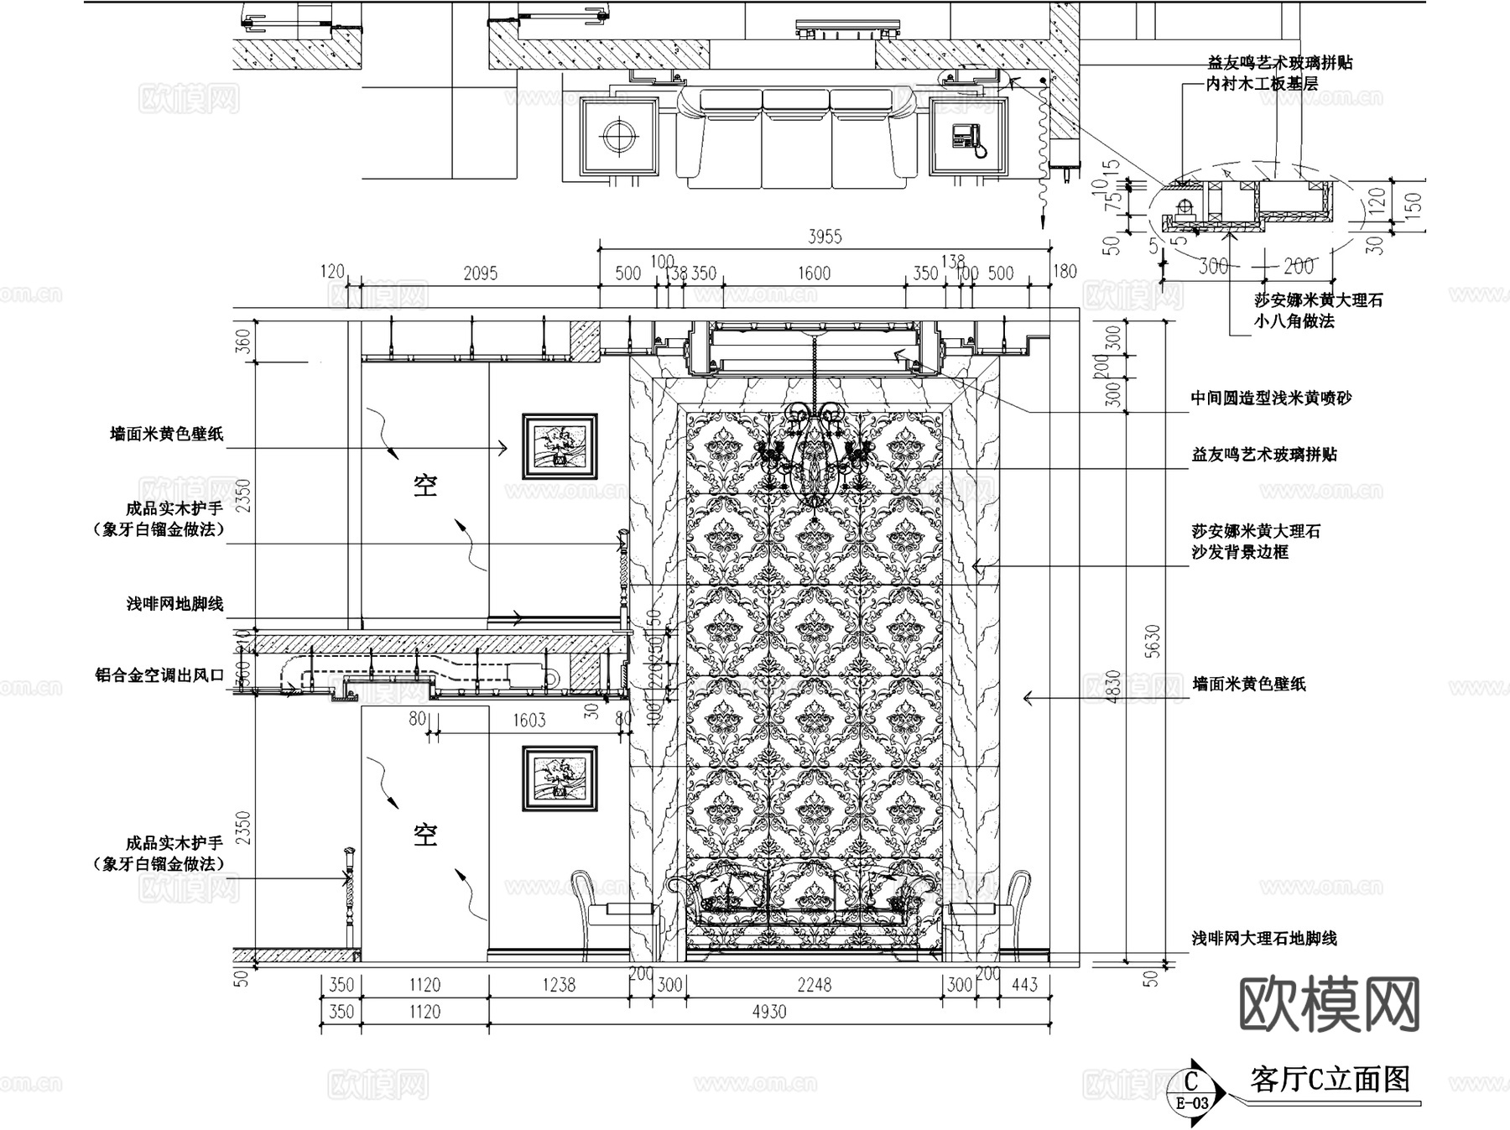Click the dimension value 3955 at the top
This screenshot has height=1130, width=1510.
click(x=824, y=237)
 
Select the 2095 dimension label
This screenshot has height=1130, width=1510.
click(x=480, y=273)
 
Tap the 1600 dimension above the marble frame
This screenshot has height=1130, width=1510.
click(x=813, y=273)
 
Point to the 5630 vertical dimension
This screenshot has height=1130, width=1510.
click(x=1153, y=641)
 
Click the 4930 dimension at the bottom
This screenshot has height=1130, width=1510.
click(x=768, y=1012)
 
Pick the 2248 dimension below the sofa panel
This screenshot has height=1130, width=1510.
click(x=814, y=985)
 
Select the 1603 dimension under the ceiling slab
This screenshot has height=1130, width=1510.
click(x=528, y=720)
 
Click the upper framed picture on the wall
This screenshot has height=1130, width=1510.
click(x=560, y=446)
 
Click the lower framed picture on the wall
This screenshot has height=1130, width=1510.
click(x=560, y=779)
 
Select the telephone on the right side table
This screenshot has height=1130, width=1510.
click(x=969, y=138)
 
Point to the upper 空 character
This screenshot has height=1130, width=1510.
click(x=425, y=485)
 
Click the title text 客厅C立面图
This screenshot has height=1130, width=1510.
click(x=1330, y=1079)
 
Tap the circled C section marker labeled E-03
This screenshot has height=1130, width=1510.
click(x=1192, y=1089)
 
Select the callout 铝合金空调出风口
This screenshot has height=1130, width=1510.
click(x=159, y=675)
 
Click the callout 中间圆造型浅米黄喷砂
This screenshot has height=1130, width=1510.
click(x=1271, y=398)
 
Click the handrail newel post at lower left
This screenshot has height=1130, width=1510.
click(x=348, y=898)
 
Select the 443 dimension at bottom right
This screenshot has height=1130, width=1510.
click(x=1024, y=985)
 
